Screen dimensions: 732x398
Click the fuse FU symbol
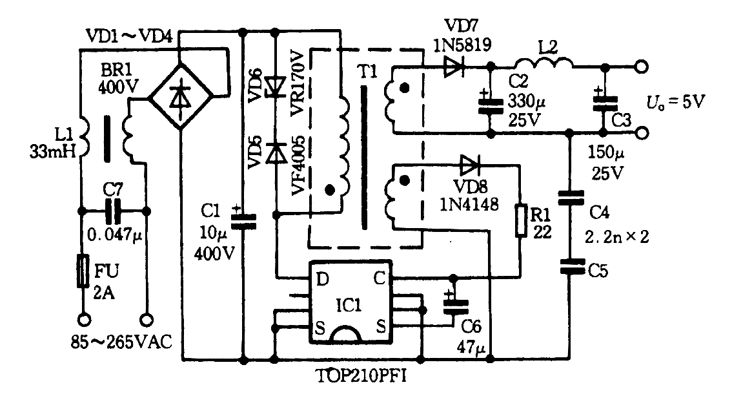(x=83, y=271)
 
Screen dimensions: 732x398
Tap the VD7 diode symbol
(x=454, y=67)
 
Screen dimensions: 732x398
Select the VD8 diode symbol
(x=469, y=165)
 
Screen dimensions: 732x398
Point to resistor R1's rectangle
(x=521, y=221)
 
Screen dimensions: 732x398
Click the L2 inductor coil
(x=544, y=63)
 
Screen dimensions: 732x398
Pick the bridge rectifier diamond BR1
(x=181, y=97)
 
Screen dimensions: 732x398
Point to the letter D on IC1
(x=322, y=279)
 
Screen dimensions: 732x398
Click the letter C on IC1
(x=379, y=278)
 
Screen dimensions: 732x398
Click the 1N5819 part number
(x=462, y=45)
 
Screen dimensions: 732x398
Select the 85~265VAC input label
(x=121, y=342)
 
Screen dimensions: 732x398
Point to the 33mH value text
(x=53, y=151)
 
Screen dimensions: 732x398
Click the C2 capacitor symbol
(x=491, y=104)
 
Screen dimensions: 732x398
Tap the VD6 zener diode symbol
(x=276, y=87)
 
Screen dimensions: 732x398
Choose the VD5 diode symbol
(x=276, y=153)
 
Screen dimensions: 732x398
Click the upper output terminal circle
(x=642, y=67)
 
